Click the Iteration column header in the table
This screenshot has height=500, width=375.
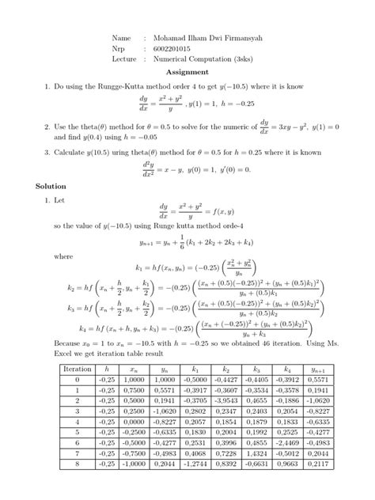click(78, 369)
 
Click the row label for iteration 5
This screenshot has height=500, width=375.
click(78, 433)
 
